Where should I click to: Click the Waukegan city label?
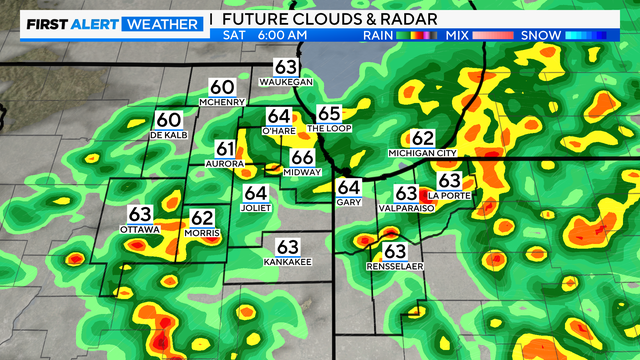[x=286, y=82]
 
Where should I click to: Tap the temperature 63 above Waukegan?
[x=286, y=68]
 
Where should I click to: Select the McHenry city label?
[x=222, y=102]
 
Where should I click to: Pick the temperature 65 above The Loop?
[x=329, y=114]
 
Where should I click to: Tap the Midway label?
[x=302, y=172]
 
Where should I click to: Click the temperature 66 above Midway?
[x=302, y=157]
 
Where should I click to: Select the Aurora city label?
[x=224, y=163]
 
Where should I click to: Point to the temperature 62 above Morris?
[x=202, y=217]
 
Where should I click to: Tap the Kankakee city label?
[x=288, y=261]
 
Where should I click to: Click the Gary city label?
[x=348, y=202]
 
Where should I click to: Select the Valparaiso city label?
[x=405, y=208]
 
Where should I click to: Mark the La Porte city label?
[x=448, y=194]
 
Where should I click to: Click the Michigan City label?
[x=422, y=153]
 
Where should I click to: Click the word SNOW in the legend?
[x=541, y=36]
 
